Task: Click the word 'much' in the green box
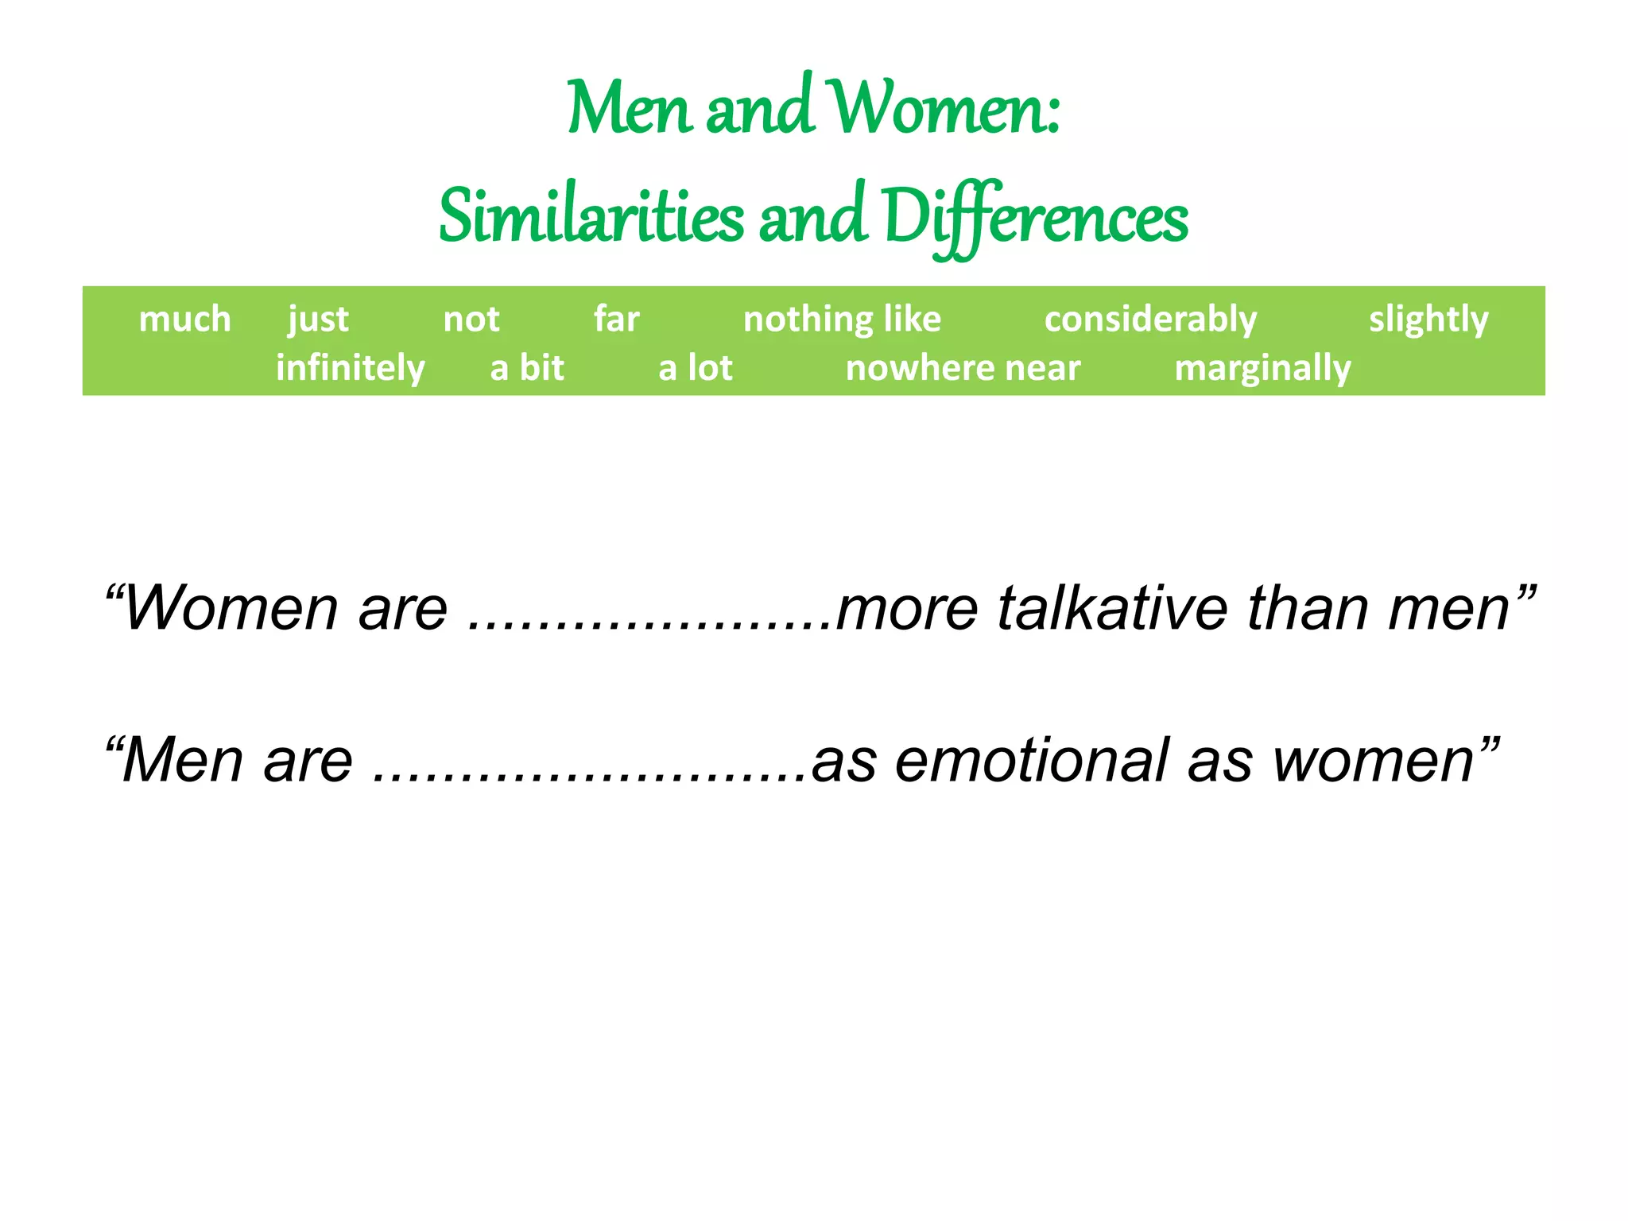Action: pyautogui.click(x=184, y=320)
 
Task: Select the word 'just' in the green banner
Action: pyautogui.click(x=318, y=320)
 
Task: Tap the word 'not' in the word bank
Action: pyautogui.click(x=471, y=320)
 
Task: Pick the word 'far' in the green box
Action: pyautogui.click(x=616, y=320)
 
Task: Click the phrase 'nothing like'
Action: pyautogui.click(x=842, y=320)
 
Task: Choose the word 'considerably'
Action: pyautogui.click(x=1150, y=320)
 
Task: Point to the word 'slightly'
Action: pyautogui.click(x=1428, y=320)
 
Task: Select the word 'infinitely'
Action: pyautogui.click(x=350, y=368)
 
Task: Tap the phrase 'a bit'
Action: pyautogui.click(x=526, y=368)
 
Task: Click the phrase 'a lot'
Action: pyautogui.click(x=695, y=368)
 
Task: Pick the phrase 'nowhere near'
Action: pyautogui.click(x=963, y=368)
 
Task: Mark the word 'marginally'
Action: pyautogui.click(x=1262, y=368)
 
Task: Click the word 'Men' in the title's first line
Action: pyautogui.click(x=628, y=109)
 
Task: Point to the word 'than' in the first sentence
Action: pyautogui.click(x=1308, y=609)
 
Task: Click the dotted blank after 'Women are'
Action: pyautogui.click(x=649, y=624)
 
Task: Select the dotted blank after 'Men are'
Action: pyautogui.click(x=589, y=776)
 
